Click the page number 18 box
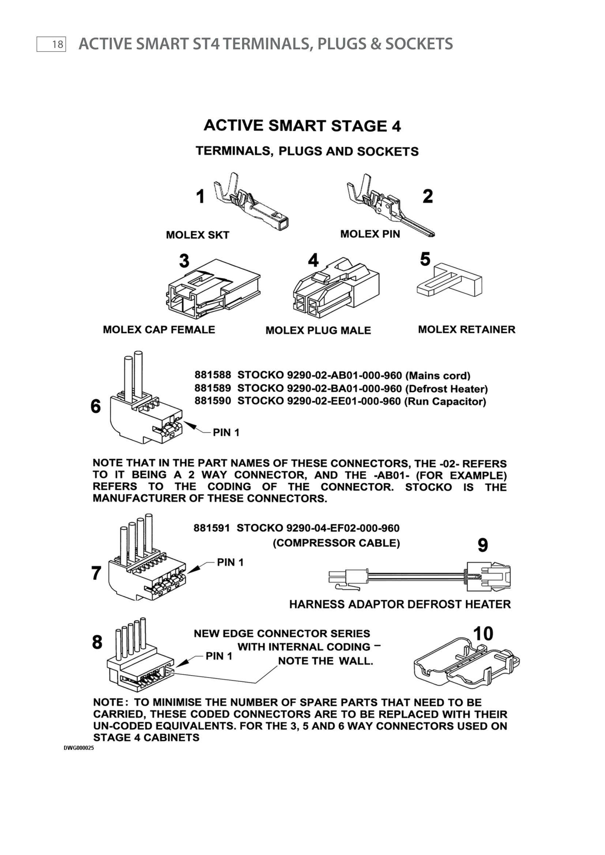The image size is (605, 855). (x=51, y=44)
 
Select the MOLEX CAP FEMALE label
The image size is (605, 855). (x=159, y=330)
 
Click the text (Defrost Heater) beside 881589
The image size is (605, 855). (x=446, y=389)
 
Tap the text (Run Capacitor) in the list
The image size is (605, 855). (x=445, y=401)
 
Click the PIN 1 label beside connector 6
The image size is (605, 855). (x=226, y=432)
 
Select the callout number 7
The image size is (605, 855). (x=97, y=573)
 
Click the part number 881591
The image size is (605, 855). (x=211, y=528)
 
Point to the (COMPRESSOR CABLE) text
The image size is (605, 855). (x=337, y=543)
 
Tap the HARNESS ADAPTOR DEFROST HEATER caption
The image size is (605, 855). (x=400, y=604)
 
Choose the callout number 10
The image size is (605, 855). (x=483, y=633)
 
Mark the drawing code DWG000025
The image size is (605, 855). (x=79, y=748)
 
